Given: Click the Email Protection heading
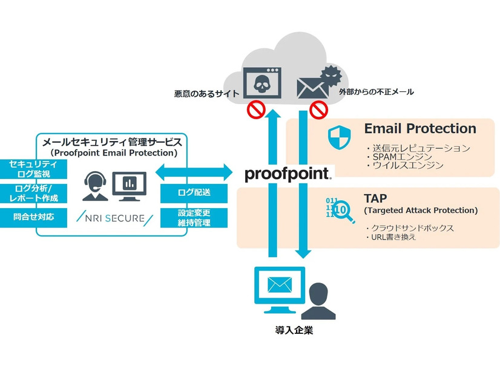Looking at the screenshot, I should click(x=420, y=129).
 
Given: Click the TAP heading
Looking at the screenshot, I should click(x=374, y=198).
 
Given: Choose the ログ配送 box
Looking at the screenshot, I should click(x=194, y=193).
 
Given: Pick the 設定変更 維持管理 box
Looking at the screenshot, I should click(x=194, y=218).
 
